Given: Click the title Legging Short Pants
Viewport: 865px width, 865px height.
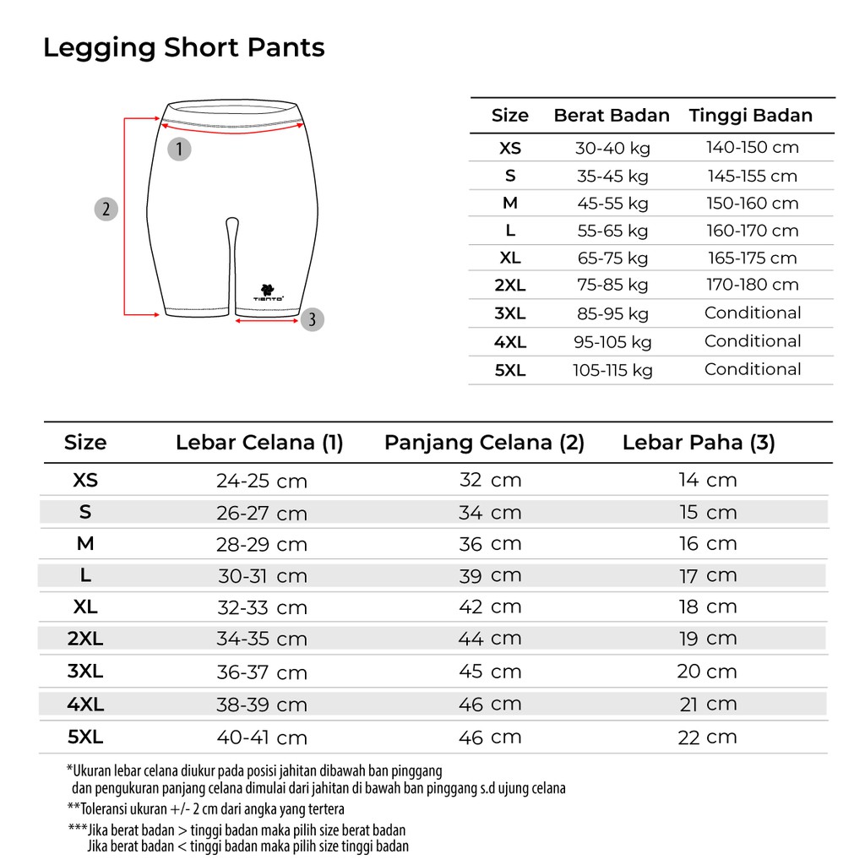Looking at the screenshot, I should [184, 47].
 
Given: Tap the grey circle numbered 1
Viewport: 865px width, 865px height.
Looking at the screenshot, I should [179, 150].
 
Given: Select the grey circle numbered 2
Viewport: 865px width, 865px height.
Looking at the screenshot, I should [106, 209].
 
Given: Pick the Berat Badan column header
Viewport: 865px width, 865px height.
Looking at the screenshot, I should [612, 116].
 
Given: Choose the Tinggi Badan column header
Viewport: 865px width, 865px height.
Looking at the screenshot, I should [751, 116].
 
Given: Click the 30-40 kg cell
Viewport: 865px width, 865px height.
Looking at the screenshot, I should [612, 148].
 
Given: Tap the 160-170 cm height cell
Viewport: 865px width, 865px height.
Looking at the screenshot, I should [752, 231].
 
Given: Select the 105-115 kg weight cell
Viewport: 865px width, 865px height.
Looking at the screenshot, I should [612, 370].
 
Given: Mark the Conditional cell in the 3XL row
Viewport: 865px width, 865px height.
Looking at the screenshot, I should [753, 313].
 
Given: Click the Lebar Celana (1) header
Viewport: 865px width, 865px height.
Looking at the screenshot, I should [259, 443].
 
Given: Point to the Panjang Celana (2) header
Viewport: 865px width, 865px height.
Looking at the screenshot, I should [484, 443].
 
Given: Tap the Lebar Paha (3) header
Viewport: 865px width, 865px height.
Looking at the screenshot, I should [699, 443].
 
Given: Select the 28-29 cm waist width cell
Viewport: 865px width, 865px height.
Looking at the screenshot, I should [262, 545].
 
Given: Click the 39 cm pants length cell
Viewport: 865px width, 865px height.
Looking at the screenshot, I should [490, 576].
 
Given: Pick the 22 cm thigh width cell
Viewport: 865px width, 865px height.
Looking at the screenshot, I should [708, 737].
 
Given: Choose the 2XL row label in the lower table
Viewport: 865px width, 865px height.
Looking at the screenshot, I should [85, 639].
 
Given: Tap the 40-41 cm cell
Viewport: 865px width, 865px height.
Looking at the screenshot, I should [262, 737].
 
